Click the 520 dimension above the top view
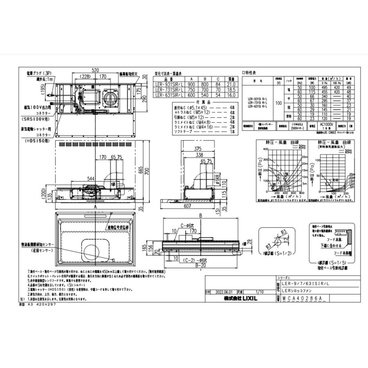pos(95,71)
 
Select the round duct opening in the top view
pos(110,97)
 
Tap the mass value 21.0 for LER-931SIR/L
pos(231,85)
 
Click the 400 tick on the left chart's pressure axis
pos(265,149)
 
